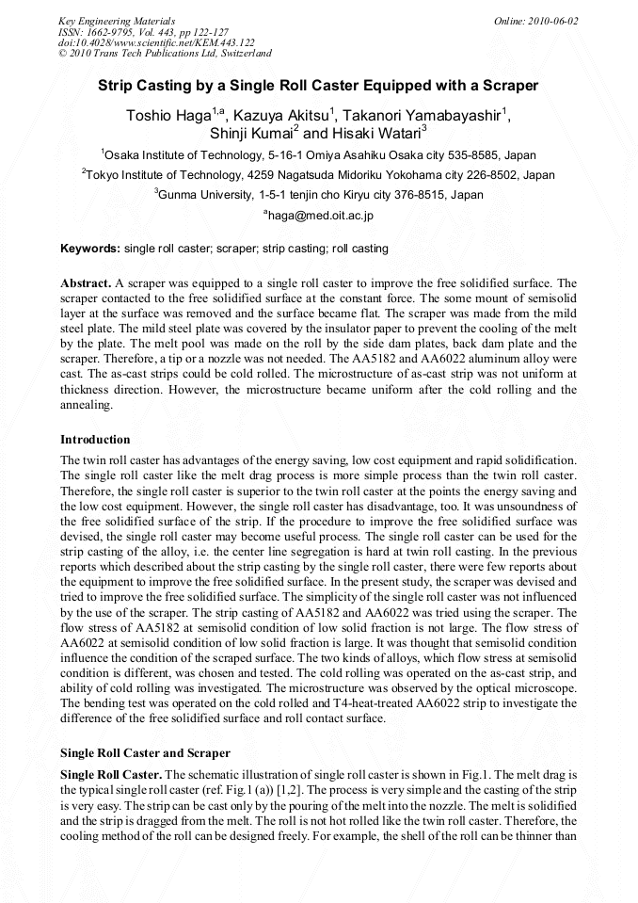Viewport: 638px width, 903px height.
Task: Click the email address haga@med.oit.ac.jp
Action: (x=320, y=216)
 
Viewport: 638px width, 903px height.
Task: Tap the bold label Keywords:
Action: (x=90, y=249)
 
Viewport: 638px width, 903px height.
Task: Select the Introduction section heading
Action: (x=95, y=440)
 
